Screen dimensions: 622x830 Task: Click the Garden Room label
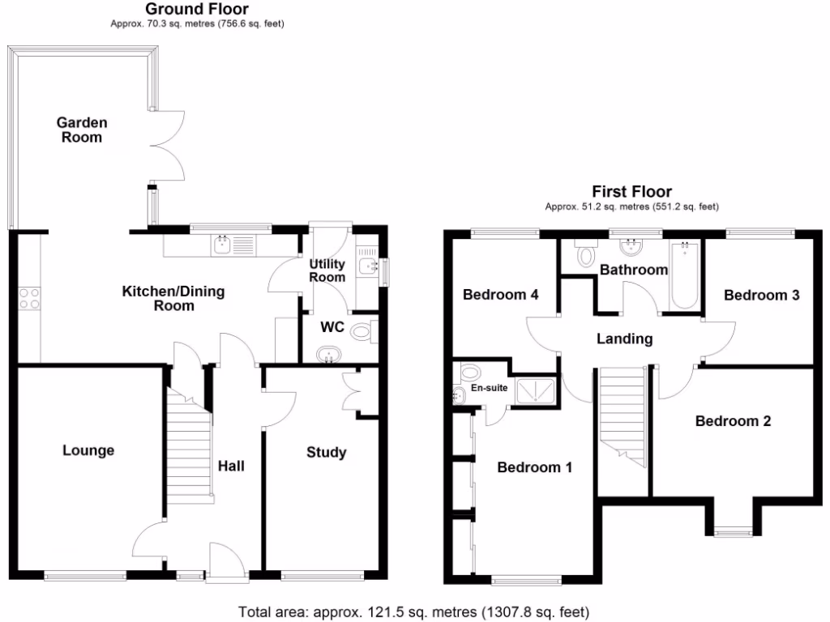pyautogui.click(x=81, y=130)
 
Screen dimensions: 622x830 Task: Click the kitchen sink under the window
pyautogui.click(x=233, y=244)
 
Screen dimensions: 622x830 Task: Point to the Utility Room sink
pyautogui.click(x=370, y=265)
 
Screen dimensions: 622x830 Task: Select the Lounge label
pyautogui.click(x=88, y=450)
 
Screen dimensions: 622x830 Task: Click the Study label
pyautogui.click(x=326, y=452)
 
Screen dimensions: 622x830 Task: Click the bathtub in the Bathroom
pyautogui.click(x=685, y=275)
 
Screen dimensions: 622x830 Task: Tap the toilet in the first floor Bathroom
pyautogui.click(x=585, y=255)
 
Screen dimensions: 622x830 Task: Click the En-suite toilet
pyautogui.click(x=470, y=373)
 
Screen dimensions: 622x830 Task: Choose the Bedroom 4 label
pyautogui.click(x=500, y=295)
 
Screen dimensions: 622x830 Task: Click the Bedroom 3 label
pyautogui.click(x=761, y=295)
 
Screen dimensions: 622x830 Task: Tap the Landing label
pyautogui.click(x=624, y=339)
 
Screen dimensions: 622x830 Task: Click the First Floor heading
pyautogui.click(x=631, y=192)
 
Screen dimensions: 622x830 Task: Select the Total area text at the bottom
pyautogui.click(x=414, y=611)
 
